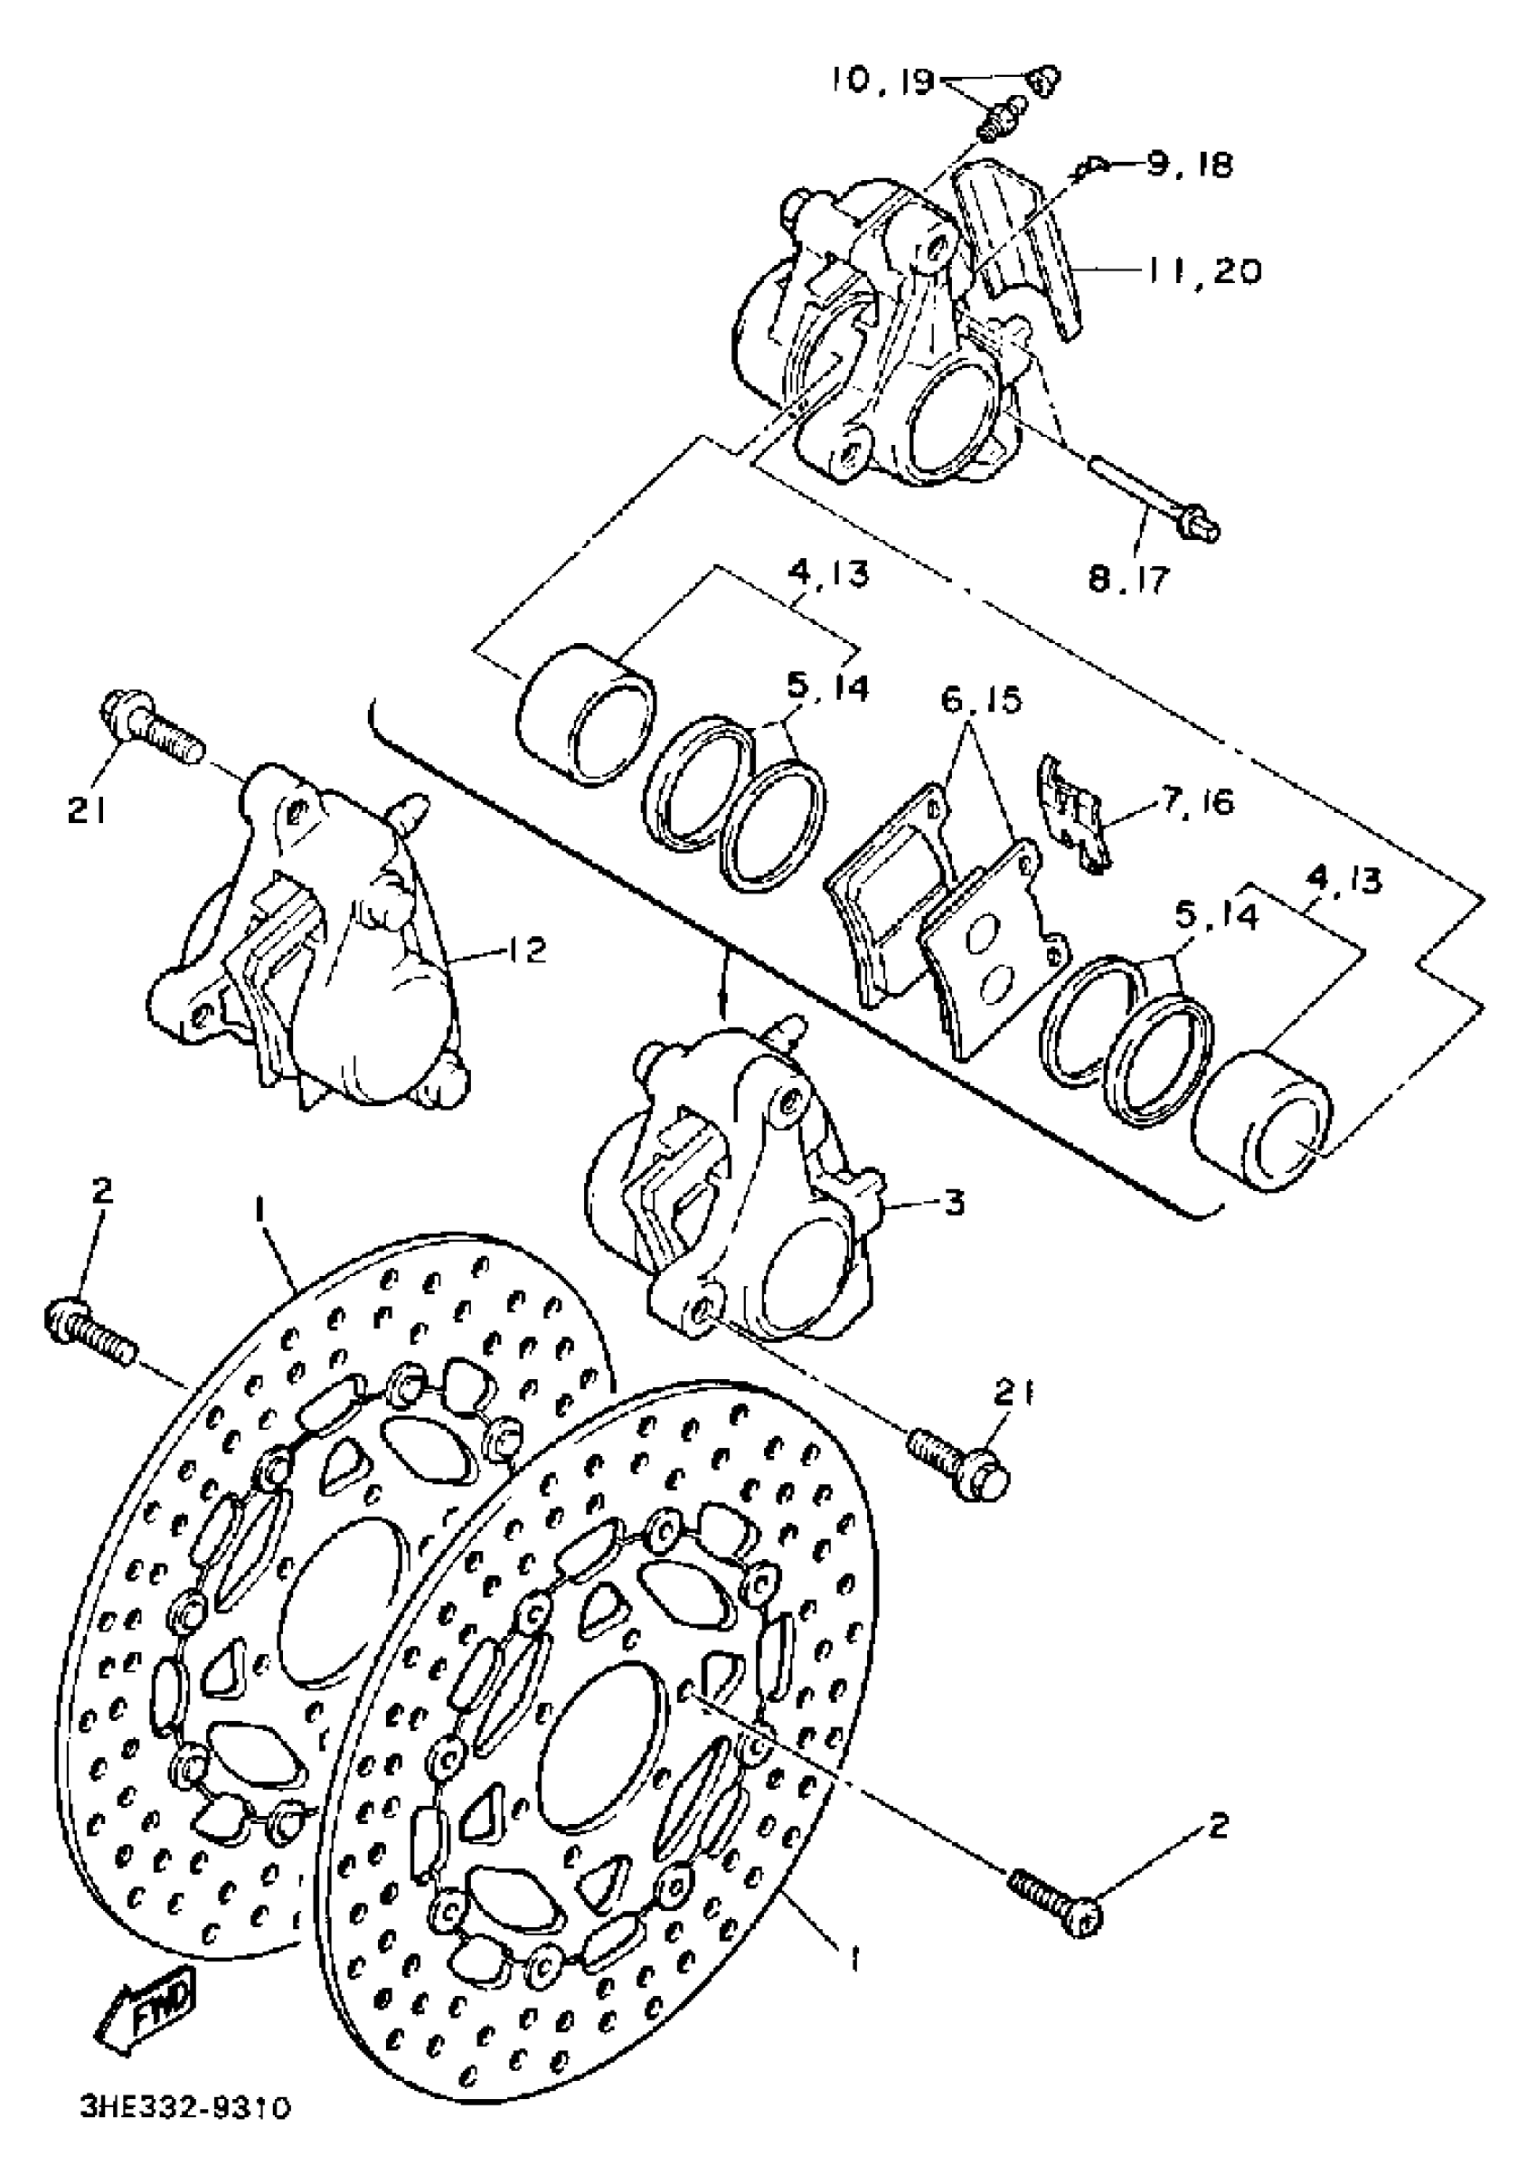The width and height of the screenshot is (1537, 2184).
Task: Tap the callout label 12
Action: click(527, 950)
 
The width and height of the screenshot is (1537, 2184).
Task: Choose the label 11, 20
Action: click(1202, 271)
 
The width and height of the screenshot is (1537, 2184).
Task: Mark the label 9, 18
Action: click(1189, 165)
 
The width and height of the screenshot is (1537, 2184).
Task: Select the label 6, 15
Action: click(982, 700)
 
